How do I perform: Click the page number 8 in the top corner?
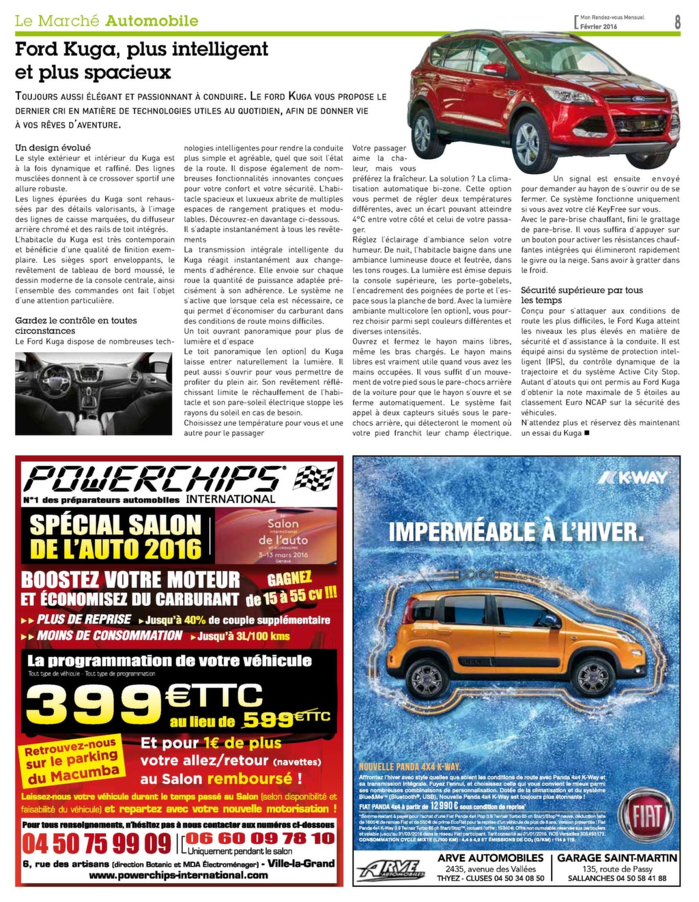(677, 21)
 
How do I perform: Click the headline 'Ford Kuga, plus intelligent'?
(142, 49)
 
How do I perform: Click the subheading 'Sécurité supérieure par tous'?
(582, 291)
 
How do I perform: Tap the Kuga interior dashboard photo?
(94, 394)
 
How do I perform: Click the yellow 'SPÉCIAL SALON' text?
(116, 525)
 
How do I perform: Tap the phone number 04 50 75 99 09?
(96, 843)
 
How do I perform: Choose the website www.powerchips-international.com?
(178, 875)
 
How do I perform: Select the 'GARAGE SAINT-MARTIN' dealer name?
(617, 858)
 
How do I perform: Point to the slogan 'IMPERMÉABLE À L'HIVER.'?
(515, 532)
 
